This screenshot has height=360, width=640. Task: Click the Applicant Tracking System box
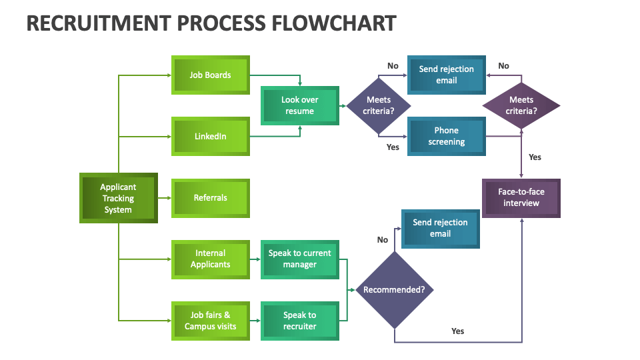118,198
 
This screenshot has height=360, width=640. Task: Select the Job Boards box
211,75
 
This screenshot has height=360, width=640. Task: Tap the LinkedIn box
211,137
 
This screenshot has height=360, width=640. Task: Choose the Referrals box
211,198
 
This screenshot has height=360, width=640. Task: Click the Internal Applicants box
211,259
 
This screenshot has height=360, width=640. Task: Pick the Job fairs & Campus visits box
211,321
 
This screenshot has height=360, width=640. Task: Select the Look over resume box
299,105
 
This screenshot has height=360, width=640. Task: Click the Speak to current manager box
299,259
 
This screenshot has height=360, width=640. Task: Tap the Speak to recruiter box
299,321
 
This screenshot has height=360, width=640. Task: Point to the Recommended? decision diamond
394,290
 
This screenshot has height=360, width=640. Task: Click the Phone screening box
446,136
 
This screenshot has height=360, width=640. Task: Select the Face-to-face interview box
521,197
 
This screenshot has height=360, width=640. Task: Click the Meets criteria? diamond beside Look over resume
379,105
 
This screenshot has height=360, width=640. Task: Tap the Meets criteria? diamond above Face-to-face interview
521,105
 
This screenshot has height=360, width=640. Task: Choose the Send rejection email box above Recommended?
440,228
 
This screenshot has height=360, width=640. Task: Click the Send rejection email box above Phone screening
446,75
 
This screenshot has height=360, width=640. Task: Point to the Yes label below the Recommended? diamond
457,331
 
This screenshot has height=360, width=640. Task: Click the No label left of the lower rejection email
382,240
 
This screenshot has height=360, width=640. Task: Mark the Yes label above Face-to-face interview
535,157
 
